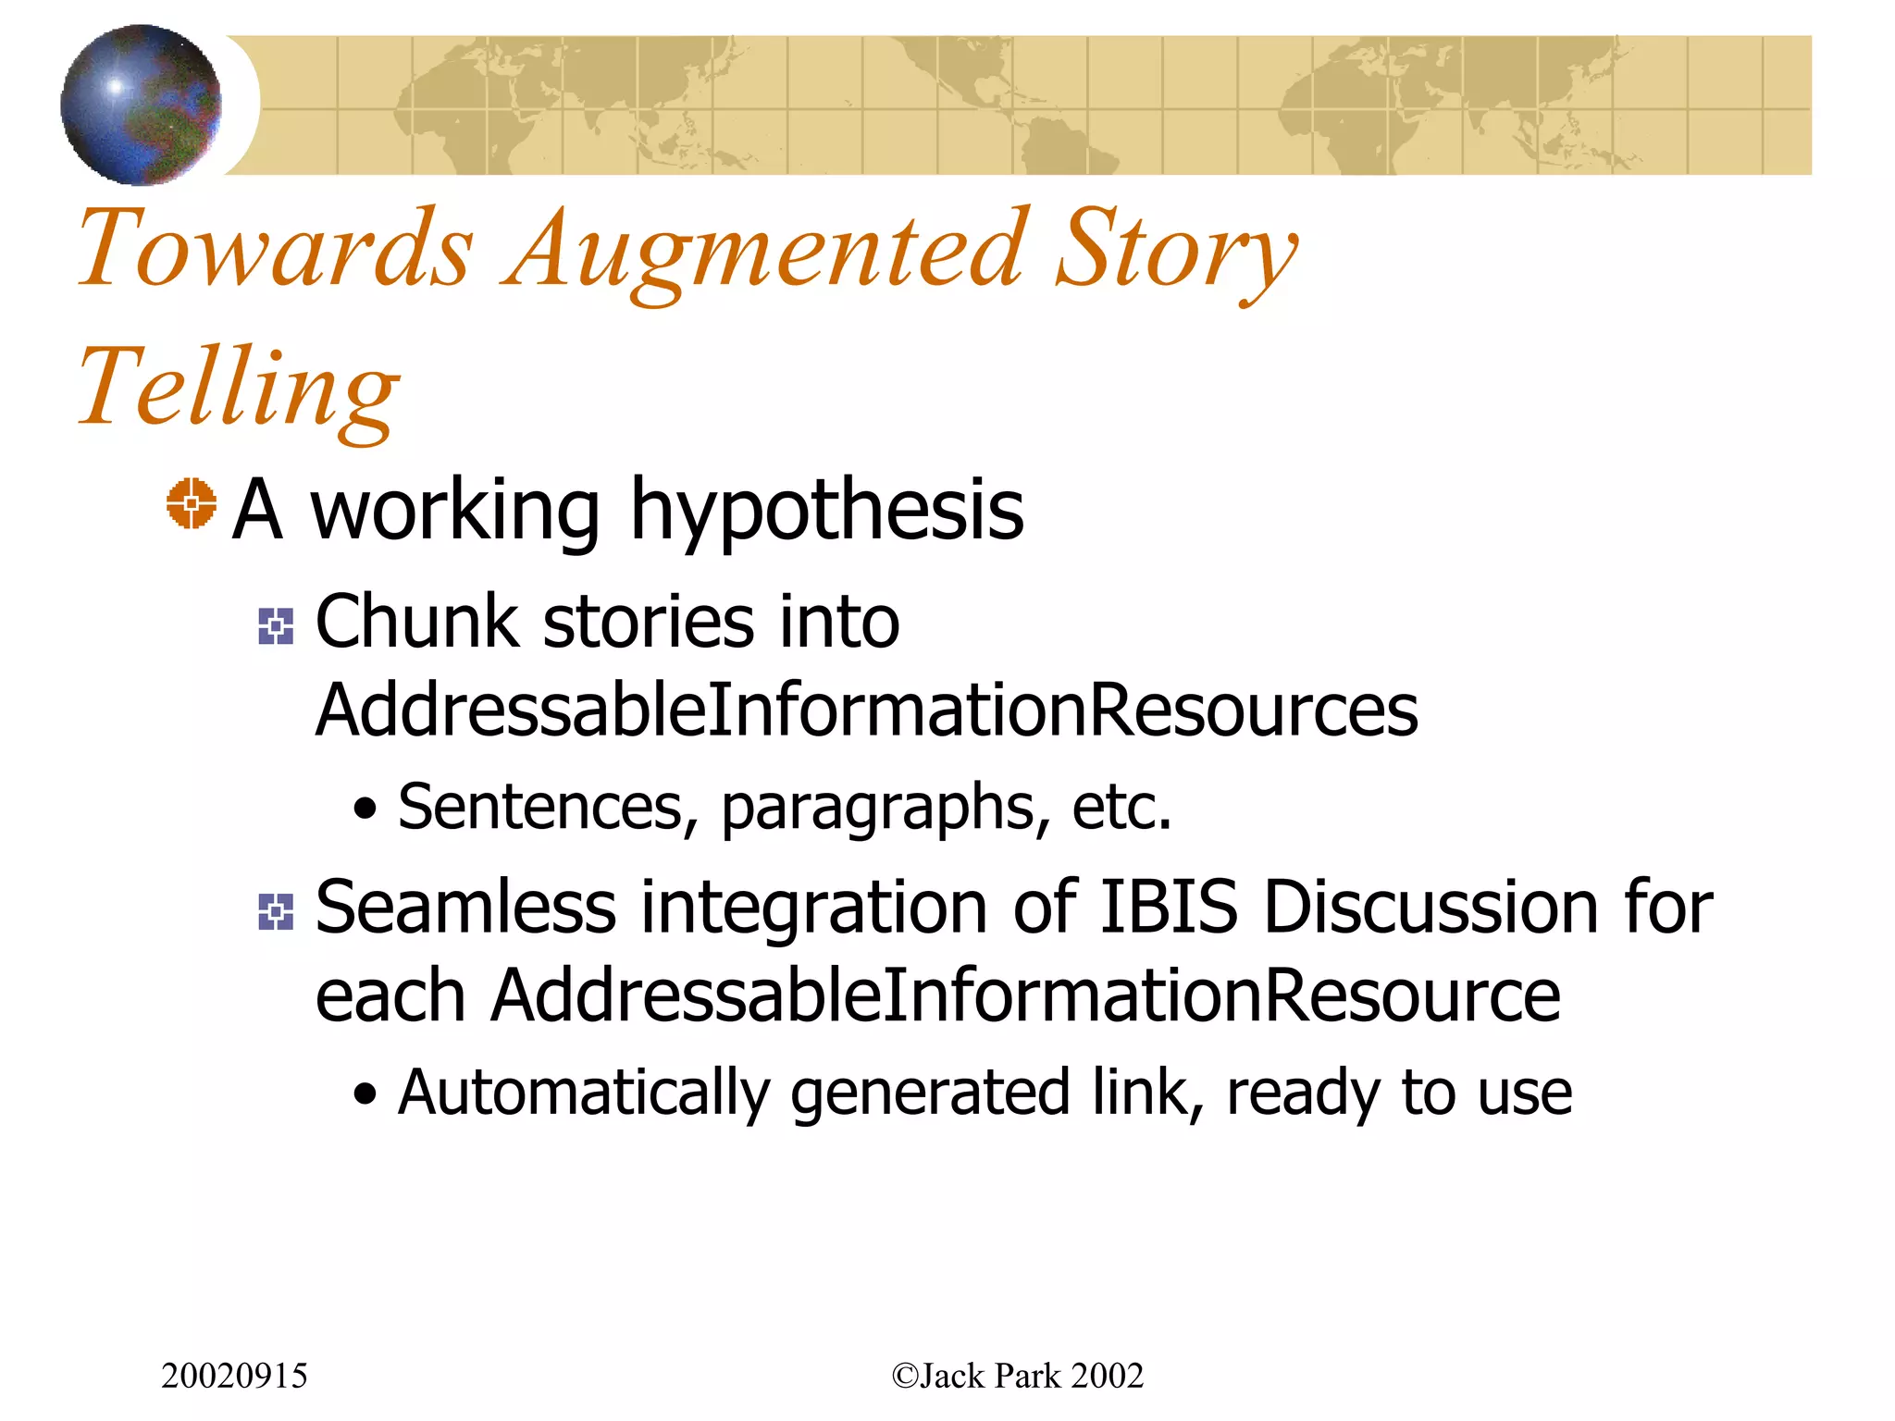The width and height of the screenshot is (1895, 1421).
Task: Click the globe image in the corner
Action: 141,105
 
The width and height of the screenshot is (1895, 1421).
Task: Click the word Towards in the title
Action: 276,248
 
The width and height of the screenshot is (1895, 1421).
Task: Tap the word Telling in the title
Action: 239,387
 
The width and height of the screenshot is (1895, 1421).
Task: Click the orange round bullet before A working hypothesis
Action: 192,504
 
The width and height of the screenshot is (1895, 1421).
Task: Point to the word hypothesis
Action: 826,511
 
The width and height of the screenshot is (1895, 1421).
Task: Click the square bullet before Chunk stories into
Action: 276,626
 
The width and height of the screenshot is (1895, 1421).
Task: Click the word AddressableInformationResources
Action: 866,710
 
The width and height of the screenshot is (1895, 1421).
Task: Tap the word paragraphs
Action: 886,808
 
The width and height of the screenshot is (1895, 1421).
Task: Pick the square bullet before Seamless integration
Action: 276,912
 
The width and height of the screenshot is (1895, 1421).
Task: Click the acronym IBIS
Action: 1169,908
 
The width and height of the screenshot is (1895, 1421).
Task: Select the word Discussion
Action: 1431,908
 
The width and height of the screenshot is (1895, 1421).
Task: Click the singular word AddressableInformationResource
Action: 1025,996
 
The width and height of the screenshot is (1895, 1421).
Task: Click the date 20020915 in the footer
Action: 234,1376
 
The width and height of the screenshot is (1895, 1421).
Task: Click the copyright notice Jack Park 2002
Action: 1017,1376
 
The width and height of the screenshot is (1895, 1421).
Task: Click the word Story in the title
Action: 1175,248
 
